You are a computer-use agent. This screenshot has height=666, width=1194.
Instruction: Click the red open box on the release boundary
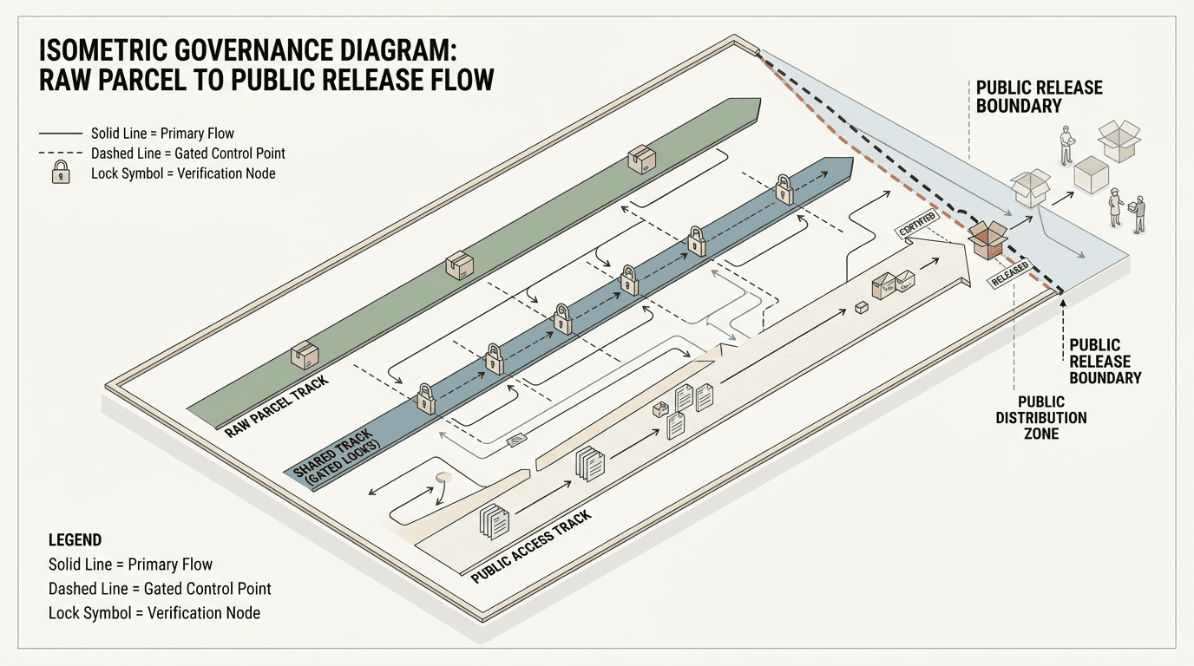(x=987, y=238)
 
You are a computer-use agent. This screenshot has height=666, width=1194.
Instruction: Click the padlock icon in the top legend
(x=61, y=172)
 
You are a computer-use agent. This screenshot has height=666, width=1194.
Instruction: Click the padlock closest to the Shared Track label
(x=426, y=397)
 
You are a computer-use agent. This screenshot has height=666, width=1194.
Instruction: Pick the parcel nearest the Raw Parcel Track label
(x=304, y=356)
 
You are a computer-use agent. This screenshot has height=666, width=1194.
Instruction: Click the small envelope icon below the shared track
(x=515, y=441)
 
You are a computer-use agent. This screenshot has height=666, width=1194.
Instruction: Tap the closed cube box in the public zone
(x=1091, y=175)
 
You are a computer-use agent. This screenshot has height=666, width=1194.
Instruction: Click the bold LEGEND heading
(x=75, y=539)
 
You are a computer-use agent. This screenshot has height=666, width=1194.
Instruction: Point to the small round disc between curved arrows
(x=444, y=478)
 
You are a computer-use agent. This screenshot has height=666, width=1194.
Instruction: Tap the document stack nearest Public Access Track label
(x=495, y=521)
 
